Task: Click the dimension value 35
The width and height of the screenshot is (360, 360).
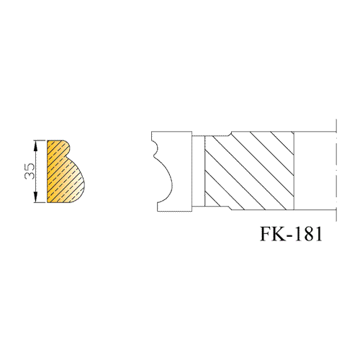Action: coord(30,171)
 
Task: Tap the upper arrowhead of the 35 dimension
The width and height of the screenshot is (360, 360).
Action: coord(36,145)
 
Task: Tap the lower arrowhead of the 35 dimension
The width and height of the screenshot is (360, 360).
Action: coord(36,197)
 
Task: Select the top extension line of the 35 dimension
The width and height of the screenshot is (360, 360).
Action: coord(40,140)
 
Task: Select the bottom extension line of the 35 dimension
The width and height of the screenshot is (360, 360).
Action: coord(40,203)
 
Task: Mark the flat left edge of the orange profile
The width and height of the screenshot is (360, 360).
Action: coord(48,171)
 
